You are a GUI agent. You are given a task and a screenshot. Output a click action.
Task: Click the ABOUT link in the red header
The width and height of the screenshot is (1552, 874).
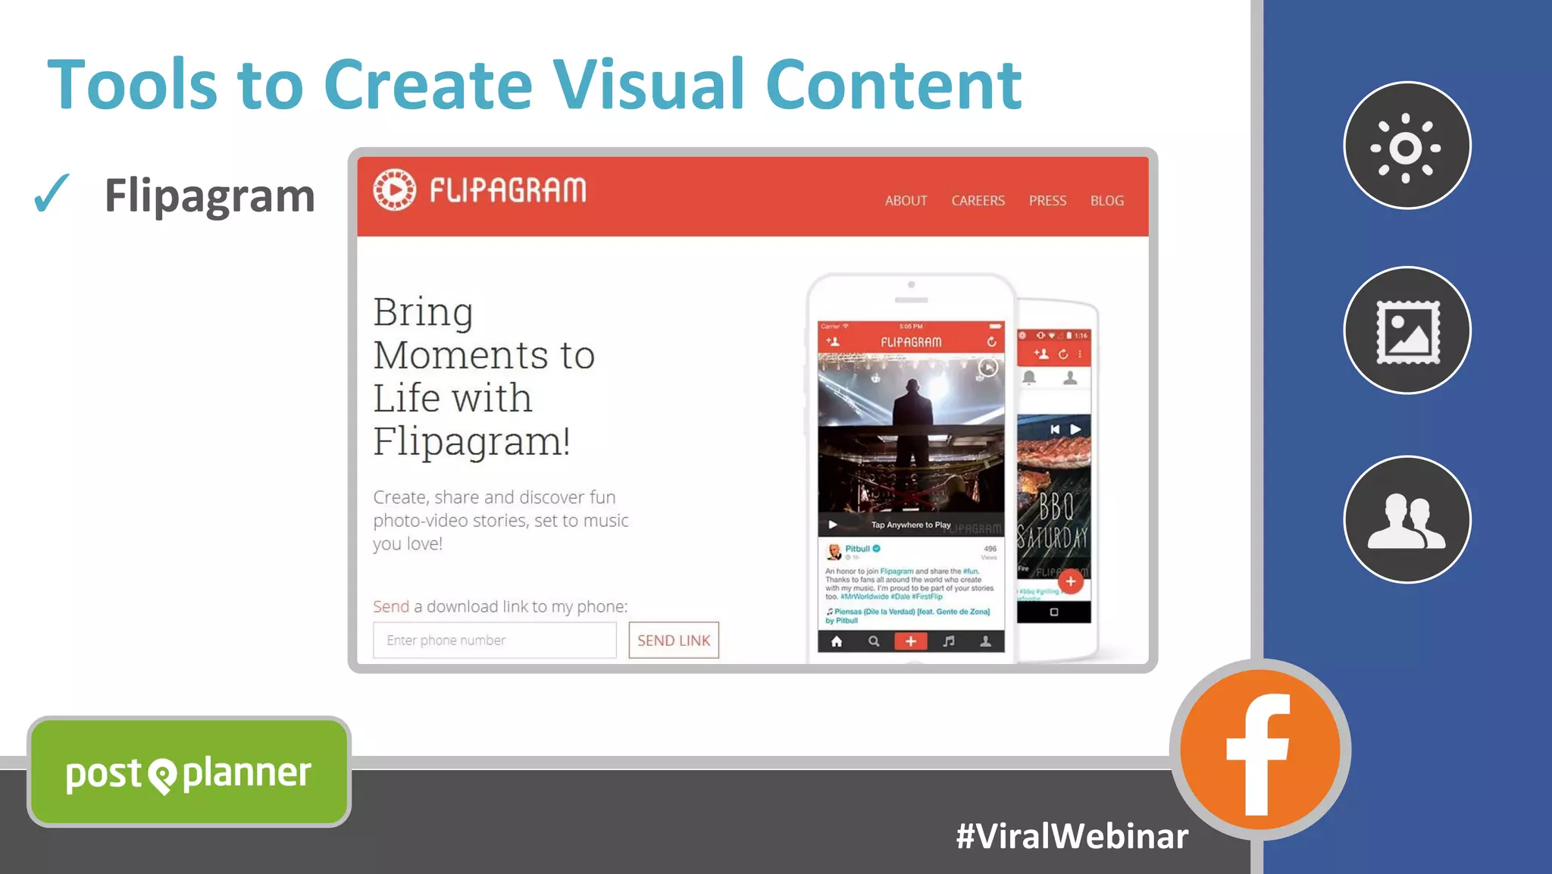(x=906, y=201)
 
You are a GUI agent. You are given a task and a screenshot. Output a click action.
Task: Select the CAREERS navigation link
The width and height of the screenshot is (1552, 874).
(x=978, y=201)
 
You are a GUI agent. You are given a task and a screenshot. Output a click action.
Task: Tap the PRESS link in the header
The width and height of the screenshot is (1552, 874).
(x=1047, y=201)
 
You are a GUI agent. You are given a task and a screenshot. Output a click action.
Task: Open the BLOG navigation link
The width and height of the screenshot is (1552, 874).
(x=1106, y=201)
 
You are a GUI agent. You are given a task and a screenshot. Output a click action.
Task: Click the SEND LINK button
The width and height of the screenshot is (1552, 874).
(x=674, y=641)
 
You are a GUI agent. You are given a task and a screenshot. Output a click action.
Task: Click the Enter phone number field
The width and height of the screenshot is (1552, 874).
(x=494, y=641)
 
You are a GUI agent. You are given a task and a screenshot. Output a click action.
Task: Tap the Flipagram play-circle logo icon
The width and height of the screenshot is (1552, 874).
(x=395, y=190)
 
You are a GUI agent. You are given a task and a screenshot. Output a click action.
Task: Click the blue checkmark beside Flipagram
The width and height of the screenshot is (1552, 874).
(x=52, y=193)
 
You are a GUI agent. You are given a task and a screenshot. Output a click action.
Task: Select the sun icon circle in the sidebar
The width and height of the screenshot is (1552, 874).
(x=1406, y=146)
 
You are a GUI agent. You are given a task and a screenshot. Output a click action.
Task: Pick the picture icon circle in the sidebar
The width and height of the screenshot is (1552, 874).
(x=1406, y=330)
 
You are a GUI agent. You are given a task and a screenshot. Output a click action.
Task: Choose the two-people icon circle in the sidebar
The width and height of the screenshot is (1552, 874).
(x=1406, y=519)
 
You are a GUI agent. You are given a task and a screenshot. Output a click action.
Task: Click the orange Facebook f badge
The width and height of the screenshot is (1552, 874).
(x=1259, y=750)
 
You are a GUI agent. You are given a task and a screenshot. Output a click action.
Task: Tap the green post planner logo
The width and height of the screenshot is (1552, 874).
(x=189, y=772)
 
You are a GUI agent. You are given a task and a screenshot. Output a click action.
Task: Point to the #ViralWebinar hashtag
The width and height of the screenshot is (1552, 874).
(x=1072, y=836)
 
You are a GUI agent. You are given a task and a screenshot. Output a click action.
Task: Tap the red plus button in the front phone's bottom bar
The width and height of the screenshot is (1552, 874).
(x=911, y=641)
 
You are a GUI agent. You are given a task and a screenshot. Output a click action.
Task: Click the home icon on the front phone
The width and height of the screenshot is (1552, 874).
(x=837, y=641)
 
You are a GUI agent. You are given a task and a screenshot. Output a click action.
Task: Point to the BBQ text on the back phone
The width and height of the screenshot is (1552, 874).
(x=1056, y=506)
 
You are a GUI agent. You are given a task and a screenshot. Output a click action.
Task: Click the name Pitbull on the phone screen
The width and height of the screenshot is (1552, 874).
(x=858, y=548)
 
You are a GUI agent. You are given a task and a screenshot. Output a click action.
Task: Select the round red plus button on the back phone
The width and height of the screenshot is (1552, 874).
(x=1070, y=581)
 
